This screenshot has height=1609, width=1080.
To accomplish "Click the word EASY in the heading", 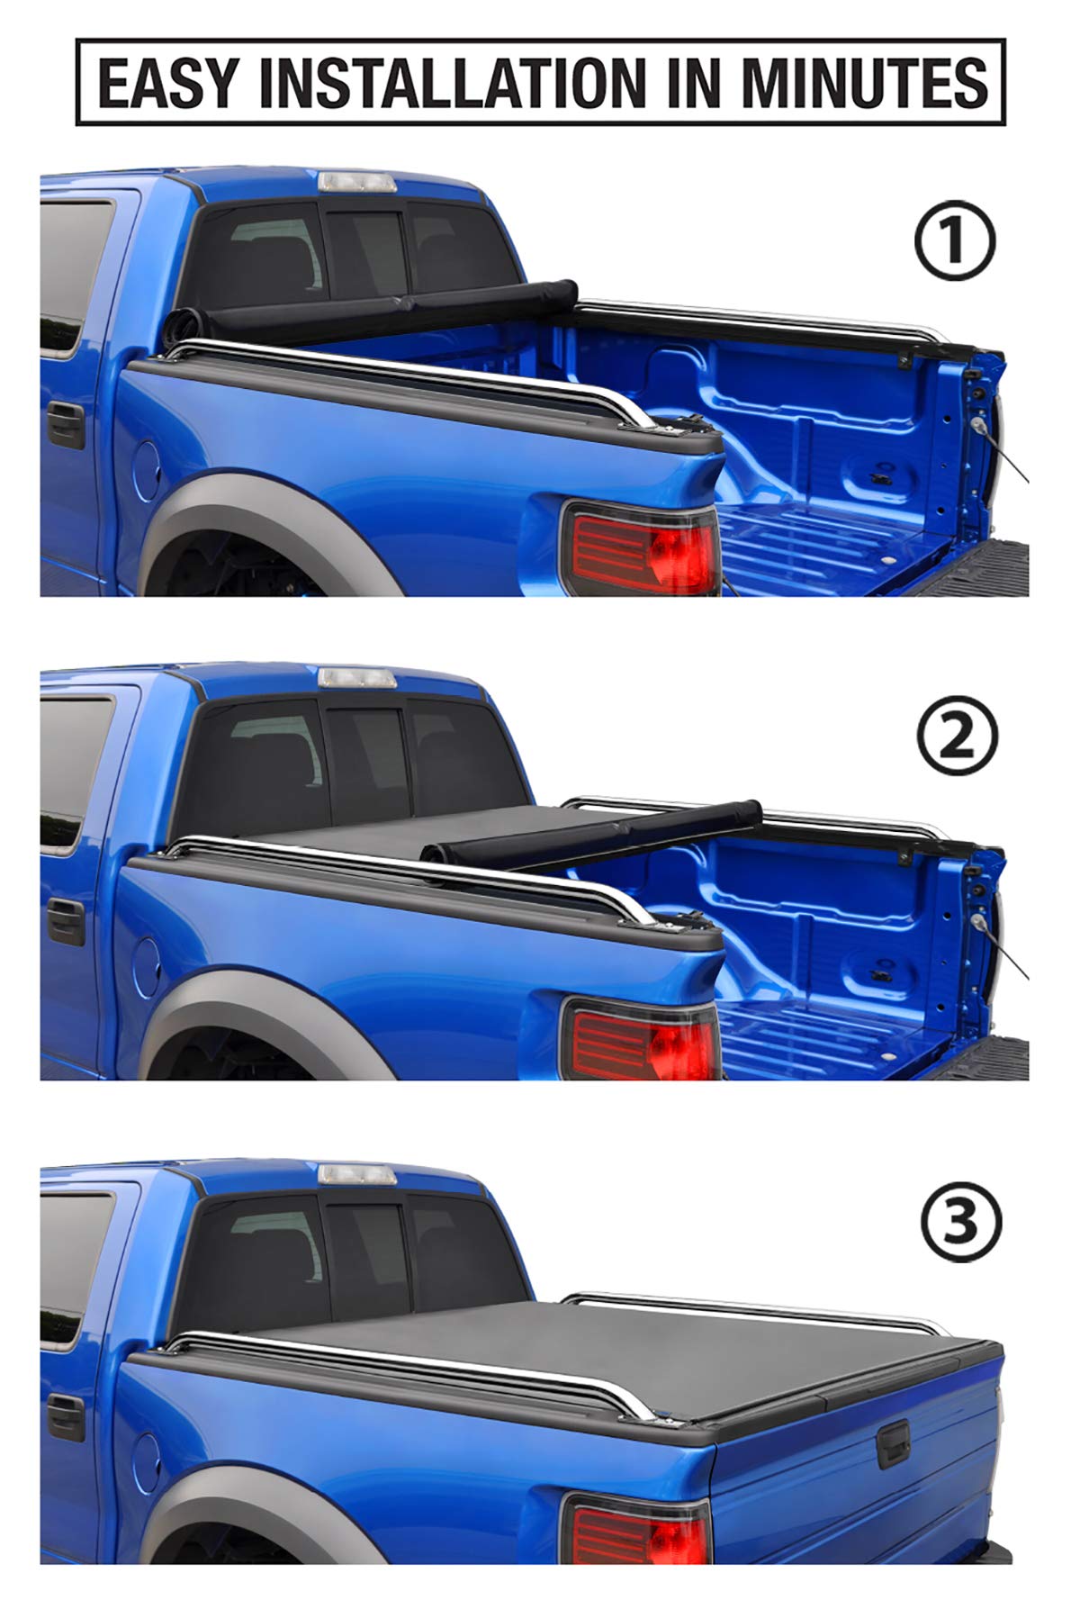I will coord(167,82).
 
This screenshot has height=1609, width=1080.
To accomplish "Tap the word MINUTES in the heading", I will coord(864,82).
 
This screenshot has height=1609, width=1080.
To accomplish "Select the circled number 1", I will coord(955,241).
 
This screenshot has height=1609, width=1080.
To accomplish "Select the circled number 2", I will coord(957,737).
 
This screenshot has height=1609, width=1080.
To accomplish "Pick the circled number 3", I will coord(960,1223).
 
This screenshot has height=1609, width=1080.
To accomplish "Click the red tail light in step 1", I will coord(641,547).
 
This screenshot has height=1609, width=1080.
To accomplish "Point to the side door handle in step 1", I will coord(65,425).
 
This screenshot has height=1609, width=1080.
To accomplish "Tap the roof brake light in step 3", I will coord(356,1173).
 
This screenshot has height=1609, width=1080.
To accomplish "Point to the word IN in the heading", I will coord(688,82).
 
